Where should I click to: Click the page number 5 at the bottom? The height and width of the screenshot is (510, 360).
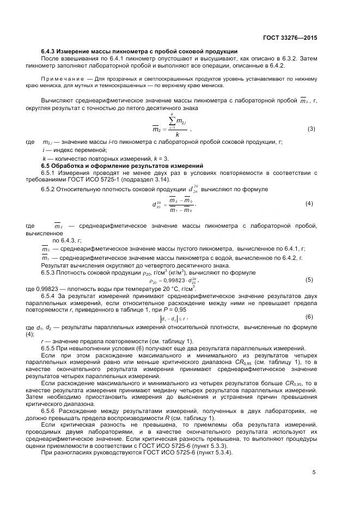click(314, 472)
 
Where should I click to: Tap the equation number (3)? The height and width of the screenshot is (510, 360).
click(312, 129)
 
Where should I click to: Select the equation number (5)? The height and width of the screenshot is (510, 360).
click(309, 280)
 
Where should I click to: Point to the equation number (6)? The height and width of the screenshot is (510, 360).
click(309, 317)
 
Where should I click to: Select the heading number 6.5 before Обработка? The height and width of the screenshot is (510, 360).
click(46, 165)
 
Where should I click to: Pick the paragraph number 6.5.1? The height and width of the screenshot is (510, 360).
click(51, 172)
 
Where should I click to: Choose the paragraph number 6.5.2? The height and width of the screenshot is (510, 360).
click(51, 189)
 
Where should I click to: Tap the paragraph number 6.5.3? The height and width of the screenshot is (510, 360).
click(51, 272)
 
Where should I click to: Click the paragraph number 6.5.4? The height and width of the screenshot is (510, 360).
click(51, 295)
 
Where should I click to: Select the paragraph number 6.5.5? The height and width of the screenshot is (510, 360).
click(51, 348)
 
